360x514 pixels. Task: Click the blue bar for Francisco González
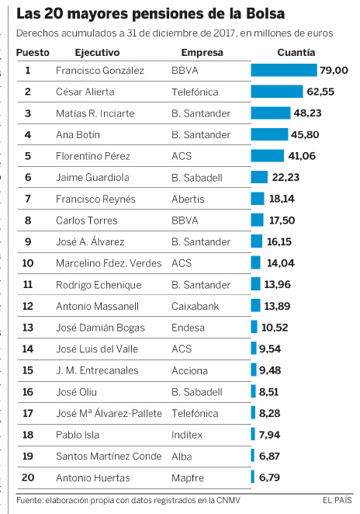click(x=284, y=70)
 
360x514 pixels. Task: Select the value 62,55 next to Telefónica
click(x=320, y=92)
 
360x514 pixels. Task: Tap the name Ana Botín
click(x=78, y=135)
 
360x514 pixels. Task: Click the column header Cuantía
click(x=296, y=53)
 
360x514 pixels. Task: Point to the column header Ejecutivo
click(x=97, y=53)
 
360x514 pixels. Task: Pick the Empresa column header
click(x=202, y=53)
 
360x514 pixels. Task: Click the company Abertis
click(x=188, y=199)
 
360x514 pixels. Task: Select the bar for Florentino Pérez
click(x=268, y=156)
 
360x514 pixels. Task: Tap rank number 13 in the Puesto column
click(x=28, y=328)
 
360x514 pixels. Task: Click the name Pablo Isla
click(x=78, y=435)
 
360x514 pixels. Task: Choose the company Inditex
click(x=187, y=435)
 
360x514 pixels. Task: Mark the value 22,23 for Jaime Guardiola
click(x=286, y=177)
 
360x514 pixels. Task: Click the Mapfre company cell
click(x=188, y=478)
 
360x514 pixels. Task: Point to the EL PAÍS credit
click(x=337, y=500)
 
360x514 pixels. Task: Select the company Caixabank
click(x=196, y=306)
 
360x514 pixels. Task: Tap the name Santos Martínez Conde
click(x=109, y=457)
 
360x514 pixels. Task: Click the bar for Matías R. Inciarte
click(x=271, y=113)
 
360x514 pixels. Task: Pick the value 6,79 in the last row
click(x=269, y=478)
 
